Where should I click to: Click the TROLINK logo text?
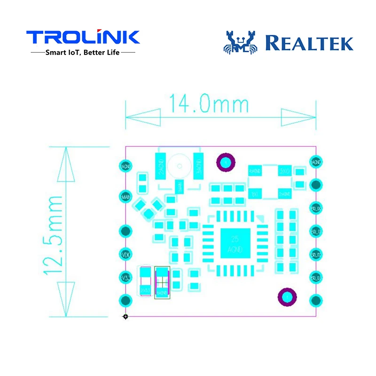pos(83,37)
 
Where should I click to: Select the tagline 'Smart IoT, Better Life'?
pos(83,53)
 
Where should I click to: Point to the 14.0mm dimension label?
pos(209,104)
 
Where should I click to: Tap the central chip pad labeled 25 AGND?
pos(232,243)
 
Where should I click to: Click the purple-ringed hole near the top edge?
pos(225,162)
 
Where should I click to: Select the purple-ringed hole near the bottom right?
pos(286,297)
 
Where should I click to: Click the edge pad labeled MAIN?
pos(125,196)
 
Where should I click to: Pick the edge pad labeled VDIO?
pos(125,254)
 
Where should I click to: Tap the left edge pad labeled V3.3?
pos(125,277)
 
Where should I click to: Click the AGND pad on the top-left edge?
pos(125,166)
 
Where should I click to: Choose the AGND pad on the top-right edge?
pos(315,161)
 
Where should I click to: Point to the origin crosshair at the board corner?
pos(125,317)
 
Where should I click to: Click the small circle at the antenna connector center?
pos(179,165)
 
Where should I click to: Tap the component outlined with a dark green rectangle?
pos(162,281)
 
